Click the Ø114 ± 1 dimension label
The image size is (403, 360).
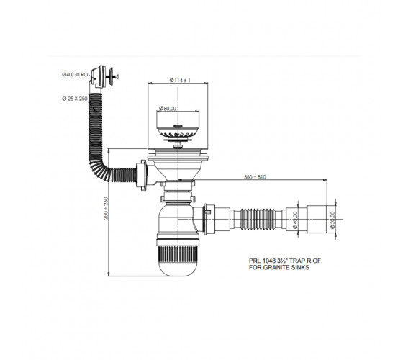point(180,80)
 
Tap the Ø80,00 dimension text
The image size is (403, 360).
point(168,109)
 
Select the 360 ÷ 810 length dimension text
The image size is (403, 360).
point(255,177)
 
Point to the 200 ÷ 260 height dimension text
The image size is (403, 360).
point(106,208)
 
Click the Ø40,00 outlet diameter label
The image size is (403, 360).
point(295,220)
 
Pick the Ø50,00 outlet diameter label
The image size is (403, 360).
point(332,220)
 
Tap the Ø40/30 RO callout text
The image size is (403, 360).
point(75,75)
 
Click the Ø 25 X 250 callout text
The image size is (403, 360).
point(75,99)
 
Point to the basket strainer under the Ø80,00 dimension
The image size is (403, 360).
point(178,131)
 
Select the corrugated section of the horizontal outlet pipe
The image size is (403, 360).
point(258,220)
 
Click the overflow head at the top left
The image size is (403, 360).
point(97,76)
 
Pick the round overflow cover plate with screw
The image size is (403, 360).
point(112,75)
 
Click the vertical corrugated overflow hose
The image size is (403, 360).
point(95,129)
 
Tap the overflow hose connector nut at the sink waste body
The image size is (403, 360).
point(142,175)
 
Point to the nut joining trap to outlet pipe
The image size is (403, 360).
point(207,220)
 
